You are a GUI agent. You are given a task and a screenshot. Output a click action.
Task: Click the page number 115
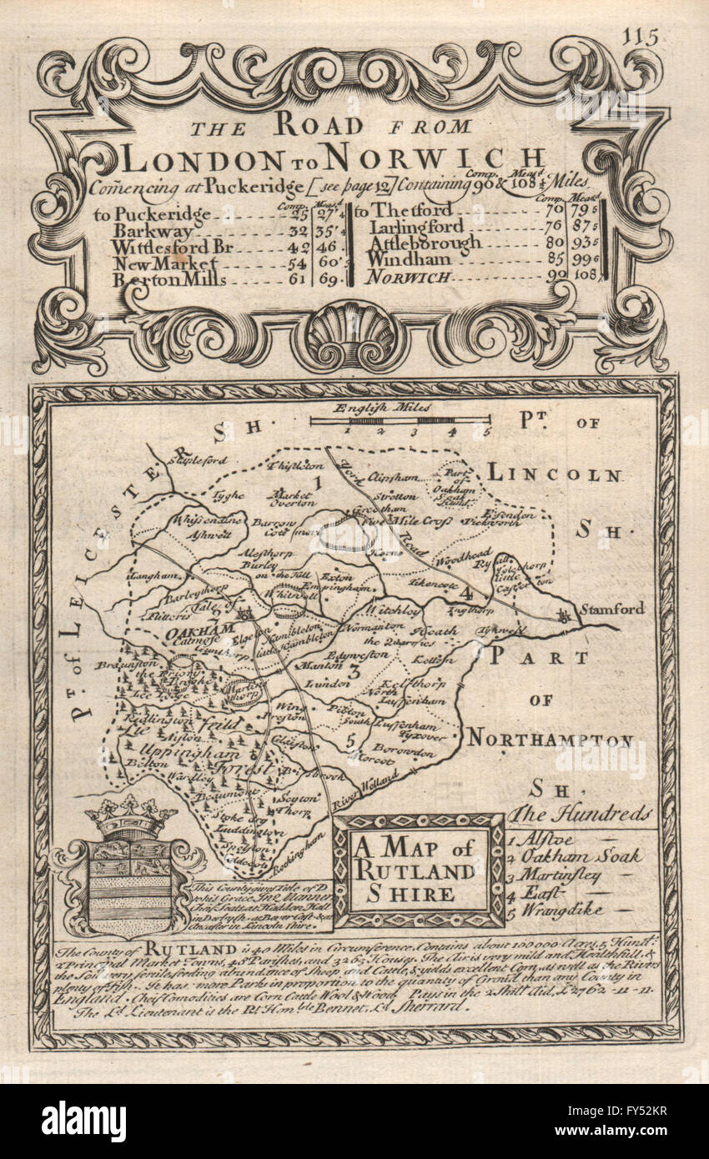tap(640, 37)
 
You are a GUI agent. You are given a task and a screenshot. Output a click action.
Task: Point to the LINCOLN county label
tap(554, 475)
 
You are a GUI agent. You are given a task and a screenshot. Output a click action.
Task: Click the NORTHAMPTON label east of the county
tap(550, 738)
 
